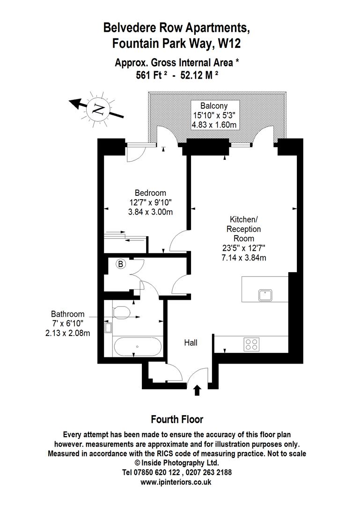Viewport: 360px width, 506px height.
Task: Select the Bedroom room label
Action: pyautogui.click(x=150, y=193)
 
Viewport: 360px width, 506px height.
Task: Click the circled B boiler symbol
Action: pyautogui.click(x=121, y=264)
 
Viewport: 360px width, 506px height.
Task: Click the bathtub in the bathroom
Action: pyautogui.click(x=137, y=347)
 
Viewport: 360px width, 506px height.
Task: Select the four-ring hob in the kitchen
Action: pyautogui.click(x=251, y=344)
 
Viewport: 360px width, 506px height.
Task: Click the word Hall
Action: pyautogui.click(x=190, y=342)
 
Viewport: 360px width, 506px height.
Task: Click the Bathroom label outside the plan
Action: pyautogui.click(x=68, y=314)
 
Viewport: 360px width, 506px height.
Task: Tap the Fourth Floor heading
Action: pyautogui.click(x=177, y=419)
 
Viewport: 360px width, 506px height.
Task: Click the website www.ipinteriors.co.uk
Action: pyautogui.click(x=176, y=481)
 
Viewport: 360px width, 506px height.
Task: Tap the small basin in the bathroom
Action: pyautogui.click(x=109, y=327)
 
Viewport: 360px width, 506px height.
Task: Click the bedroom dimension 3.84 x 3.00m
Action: pyautogui.click(x=150, y=211)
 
